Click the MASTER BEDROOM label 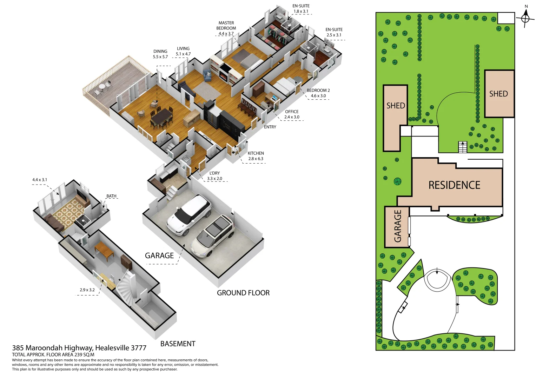pyautogui.click(x=226, y=26)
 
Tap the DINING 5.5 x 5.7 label pyautogui.click(x=160, y=54)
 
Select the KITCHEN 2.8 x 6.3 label pyautogui.click(x=256, y=156)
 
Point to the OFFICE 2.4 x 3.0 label pyautogui.click(x=292, y=114)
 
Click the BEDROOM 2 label pyautogui.click(x=318, y=91)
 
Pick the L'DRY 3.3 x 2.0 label pyautogui.click(x=214, y=176)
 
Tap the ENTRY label pyautogui.click(x=270, y=127)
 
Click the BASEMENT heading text pyautogui.click(x=178, y=344)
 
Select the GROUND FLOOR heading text pyautogui.click(x=243, y=293)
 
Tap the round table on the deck pyautogui.click(x=102, y=86)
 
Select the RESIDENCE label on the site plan pyautogui.click(x=454, y=185)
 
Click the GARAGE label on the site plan pyautogui.click(x=397, y=226)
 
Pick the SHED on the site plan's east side pyautogui.click(x=499, y=94)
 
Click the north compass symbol pyautogui.click(x=525, y=18)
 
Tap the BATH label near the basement pyautogui.click(x=111, y=196)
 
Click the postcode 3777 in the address pyautogui.click(x=138, y=348)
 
